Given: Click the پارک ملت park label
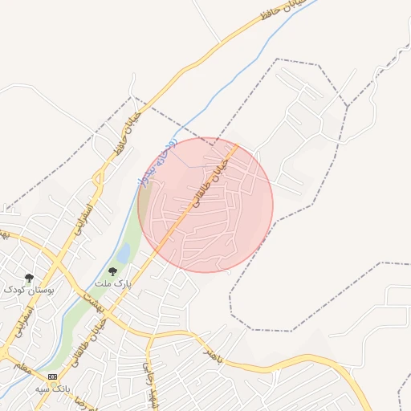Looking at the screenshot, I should coord(112,284).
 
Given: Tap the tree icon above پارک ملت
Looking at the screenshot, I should coord(112,272).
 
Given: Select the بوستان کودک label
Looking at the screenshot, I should coord(28,289).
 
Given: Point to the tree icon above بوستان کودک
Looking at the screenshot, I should coord(29,278).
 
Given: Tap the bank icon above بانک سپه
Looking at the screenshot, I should coord(53,376).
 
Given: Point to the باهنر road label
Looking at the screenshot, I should coord(212,353).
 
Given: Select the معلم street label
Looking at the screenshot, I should coord(21,367).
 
